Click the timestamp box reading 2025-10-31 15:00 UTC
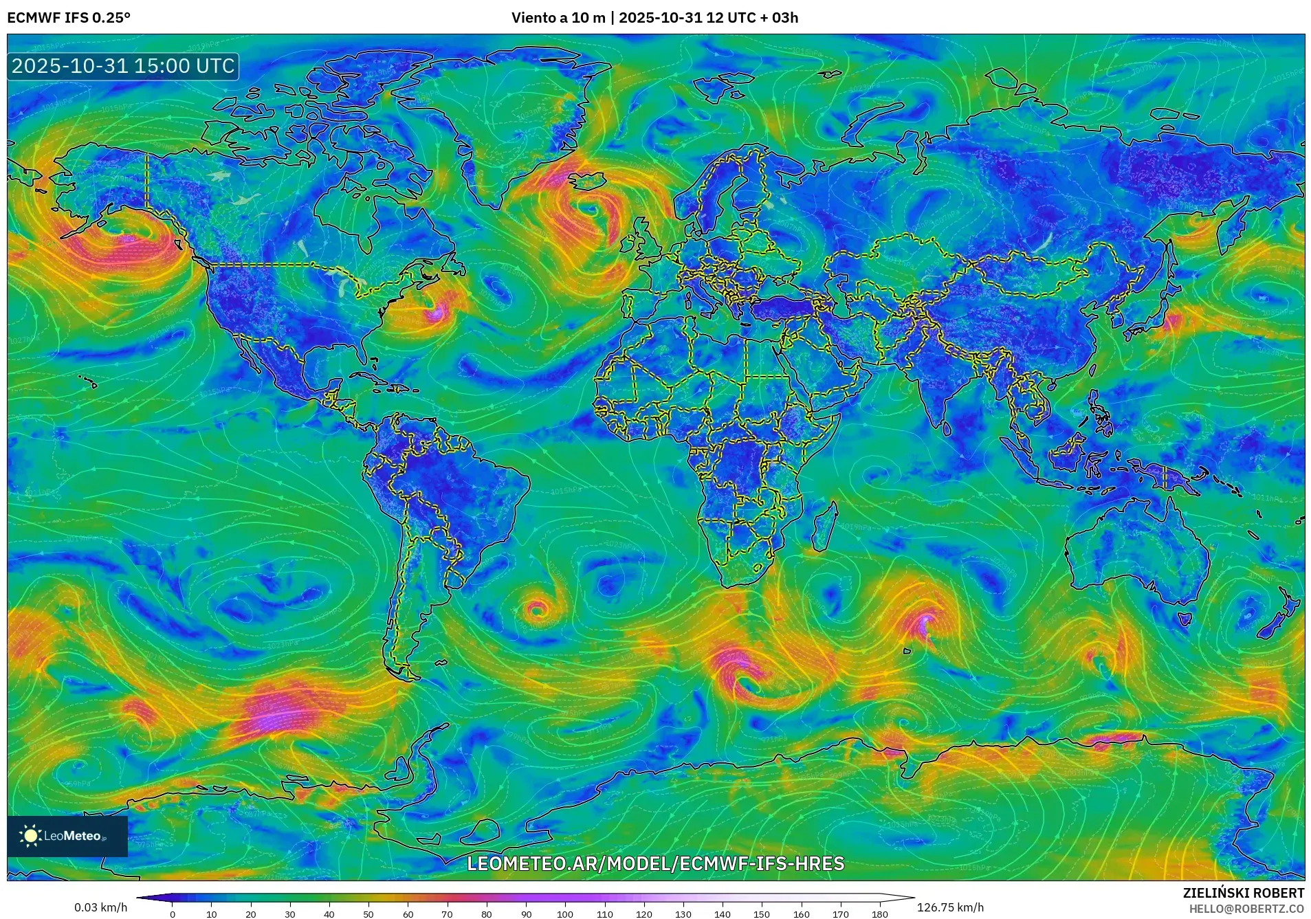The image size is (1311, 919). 123,66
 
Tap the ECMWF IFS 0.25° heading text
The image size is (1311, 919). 68,18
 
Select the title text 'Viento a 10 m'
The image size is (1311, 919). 557,18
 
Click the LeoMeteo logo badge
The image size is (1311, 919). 67,836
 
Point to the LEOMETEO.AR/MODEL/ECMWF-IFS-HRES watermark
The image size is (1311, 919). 655,863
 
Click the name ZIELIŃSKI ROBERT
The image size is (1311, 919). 1243,893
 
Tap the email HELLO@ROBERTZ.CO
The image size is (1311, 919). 1246,909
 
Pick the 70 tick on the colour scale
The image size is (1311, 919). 447,914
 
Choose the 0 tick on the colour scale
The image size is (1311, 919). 173,914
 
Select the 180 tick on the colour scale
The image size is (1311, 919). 879,914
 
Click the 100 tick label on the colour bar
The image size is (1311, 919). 564,914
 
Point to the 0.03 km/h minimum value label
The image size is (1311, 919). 100,907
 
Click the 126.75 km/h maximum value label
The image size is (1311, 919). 950,907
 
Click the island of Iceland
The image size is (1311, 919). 586,180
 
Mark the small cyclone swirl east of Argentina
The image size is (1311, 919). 537,609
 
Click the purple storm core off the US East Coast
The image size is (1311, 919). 434,314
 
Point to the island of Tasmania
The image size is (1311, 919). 1184,619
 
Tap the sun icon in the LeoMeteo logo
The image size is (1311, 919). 30,836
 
